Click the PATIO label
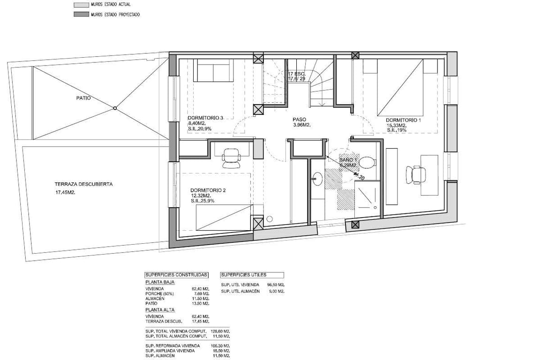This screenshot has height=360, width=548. pyautogui.click(x=83, y=98)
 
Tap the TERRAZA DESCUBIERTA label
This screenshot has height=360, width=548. pyautogui.click(x=83, y=184)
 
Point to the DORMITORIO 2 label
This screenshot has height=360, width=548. pyautogui.click(x=209, y=190)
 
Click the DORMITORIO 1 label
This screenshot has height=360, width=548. pyautogui.click(x=404, y=120)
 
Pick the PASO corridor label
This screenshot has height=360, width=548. pyautogui.click(x=299, y=120)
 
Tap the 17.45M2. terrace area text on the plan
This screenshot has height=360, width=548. pyautogui.click(x=65, y=192)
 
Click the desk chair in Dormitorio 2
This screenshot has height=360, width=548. pyautogui.click(x=230, y=158)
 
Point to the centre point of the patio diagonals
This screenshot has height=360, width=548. pyautogui.click(x=115, y=108)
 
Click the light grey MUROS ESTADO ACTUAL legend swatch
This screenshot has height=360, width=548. pyautogui.click(x=78, y=5)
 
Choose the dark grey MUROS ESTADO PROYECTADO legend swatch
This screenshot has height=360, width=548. pyautogui.click(x=78, y=15)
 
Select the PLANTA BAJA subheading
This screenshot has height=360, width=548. pyautogui.click(x=160, y=282)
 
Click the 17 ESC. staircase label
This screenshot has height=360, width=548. pyautogui.click(x=297, y=74)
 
